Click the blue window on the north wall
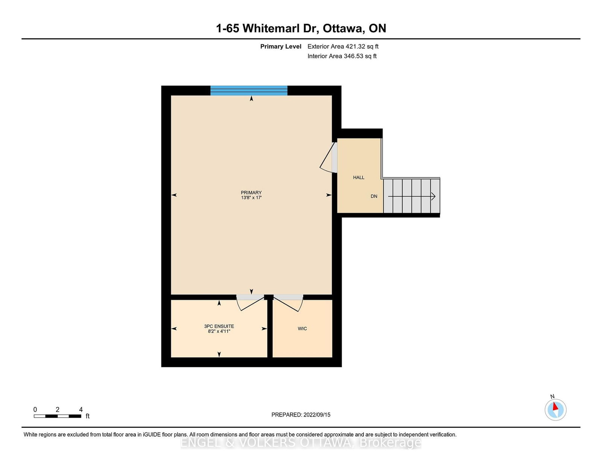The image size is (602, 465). point(249,90)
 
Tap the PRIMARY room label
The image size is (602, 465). point(251,192)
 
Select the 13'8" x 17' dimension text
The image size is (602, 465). point(251,198)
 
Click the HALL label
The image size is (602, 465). point(359,177)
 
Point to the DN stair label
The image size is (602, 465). point(374,196)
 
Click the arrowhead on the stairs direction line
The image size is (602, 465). point(433,196)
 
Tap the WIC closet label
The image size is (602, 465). point(302,329)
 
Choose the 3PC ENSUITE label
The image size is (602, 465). point(219,326)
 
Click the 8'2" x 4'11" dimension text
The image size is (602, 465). point(219,331)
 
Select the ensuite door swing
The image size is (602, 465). point(250,304)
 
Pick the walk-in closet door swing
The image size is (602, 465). point(288,304)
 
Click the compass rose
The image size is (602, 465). point(555,409)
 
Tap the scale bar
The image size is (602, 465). point(57,416)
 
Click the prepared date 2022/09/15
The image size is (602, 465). point(317,415)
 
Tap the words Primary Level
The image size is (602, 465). point(281,47)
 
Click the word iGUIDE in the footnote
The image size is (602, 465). point(152,435)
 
